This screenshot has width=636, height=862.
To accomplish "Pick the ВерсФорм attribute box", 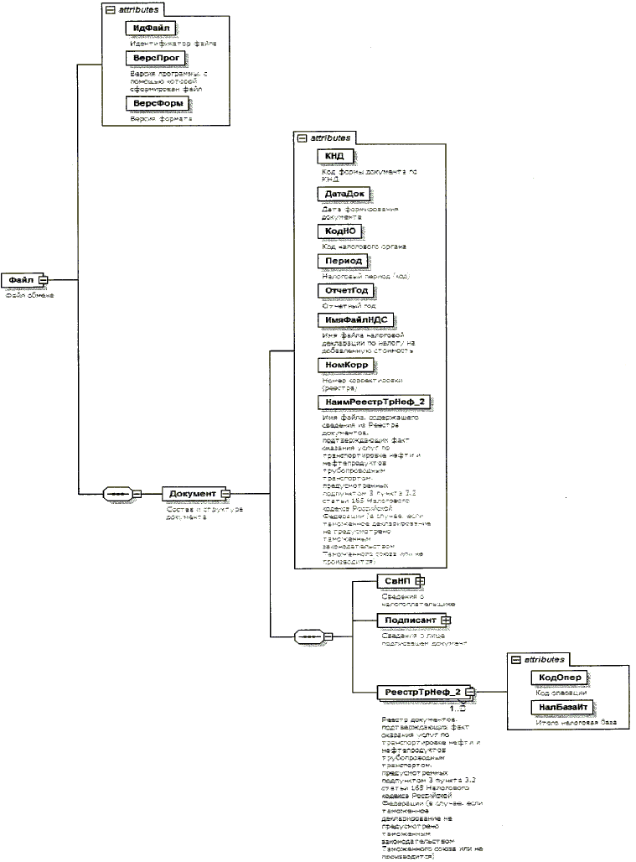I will click(155, 103).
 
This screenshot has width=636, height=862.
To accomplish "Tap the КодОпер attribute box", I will click(560, 678).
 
